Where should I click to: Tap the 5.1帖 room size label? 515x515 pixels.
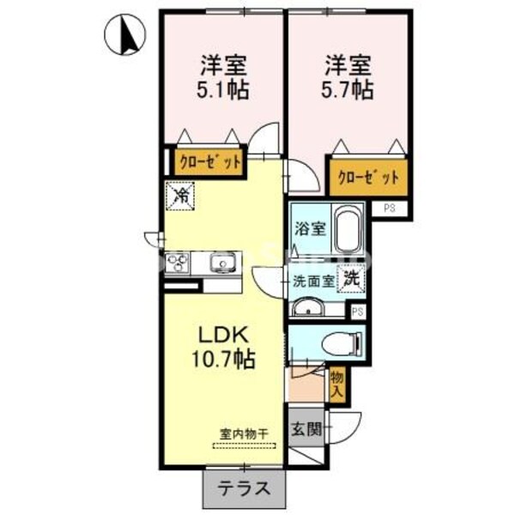[225, 88]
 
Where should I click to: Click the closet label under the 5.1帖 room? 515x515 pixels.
[209, 161]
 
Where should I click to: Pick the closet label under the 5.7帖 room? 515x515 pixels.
[367, 178]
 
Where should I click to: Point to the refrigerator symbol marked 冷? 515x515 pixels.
[182, 196]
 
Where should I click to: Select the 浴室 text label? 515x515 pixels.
[309, 229]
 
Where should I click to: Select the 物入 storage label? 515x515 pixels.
[336, 384]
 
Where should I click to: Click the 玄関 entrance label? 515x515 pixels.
[305, 429]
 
